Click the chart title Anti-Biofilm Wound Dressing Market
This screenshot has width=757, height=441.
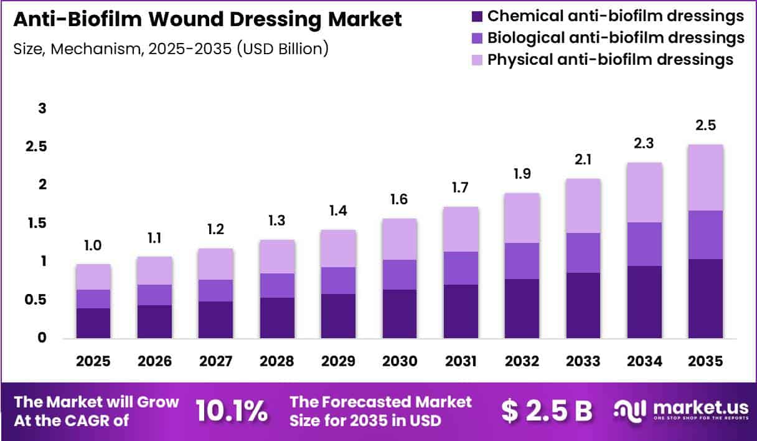coord(207,19)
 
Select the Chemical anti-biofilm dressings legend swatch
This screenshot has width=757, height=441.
coord(477,17)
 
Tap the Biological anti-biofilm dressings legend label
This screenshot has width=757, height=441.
coord(616,37)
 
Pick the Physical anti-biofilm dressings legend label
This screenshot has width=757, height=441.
coord(610,60)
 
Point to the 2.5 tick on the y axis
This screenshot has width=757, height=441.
coord(36,146)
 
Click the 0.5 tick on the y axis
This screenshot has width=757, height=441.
coord(35,300)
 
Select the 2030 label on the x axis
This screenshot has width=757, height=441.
coord(400,361)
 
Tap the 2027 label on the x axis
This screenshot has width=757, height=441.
coord(215,361)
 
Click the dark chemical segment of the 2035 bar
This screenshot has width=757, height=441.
coord(705,298)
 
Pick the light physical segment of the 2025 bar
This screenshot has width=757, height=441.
coord(93,277)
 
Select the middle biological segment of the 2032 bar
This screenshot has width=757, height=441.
coord(522,261)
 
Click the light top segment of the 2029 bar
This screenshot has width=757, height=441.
coord(338,249)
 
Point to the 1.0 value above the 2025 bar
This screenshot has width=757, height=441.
coord(93,245)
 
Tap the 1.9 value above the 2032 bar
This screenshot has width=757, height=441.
coord(522,174)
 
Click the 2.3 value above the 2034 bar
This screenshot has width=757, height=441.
coord(644,143)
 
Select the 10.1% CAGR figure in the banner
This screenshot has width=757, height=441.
coord(232,410)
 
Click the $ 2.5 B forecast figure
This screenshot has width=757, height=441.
coord(547,411)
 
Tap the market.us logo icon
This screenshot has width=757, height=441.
coord(629,411)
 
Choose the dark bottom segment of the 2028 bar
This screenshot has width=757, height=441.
coord(277,318)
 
